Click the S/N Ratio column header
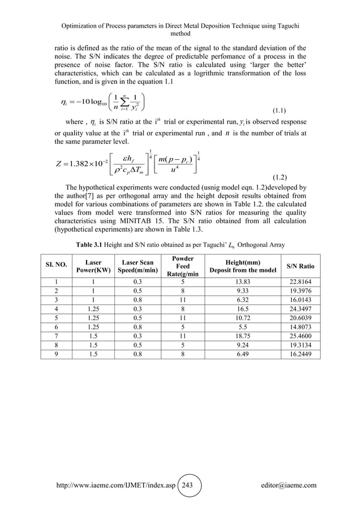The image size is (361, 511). (300, 266)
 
